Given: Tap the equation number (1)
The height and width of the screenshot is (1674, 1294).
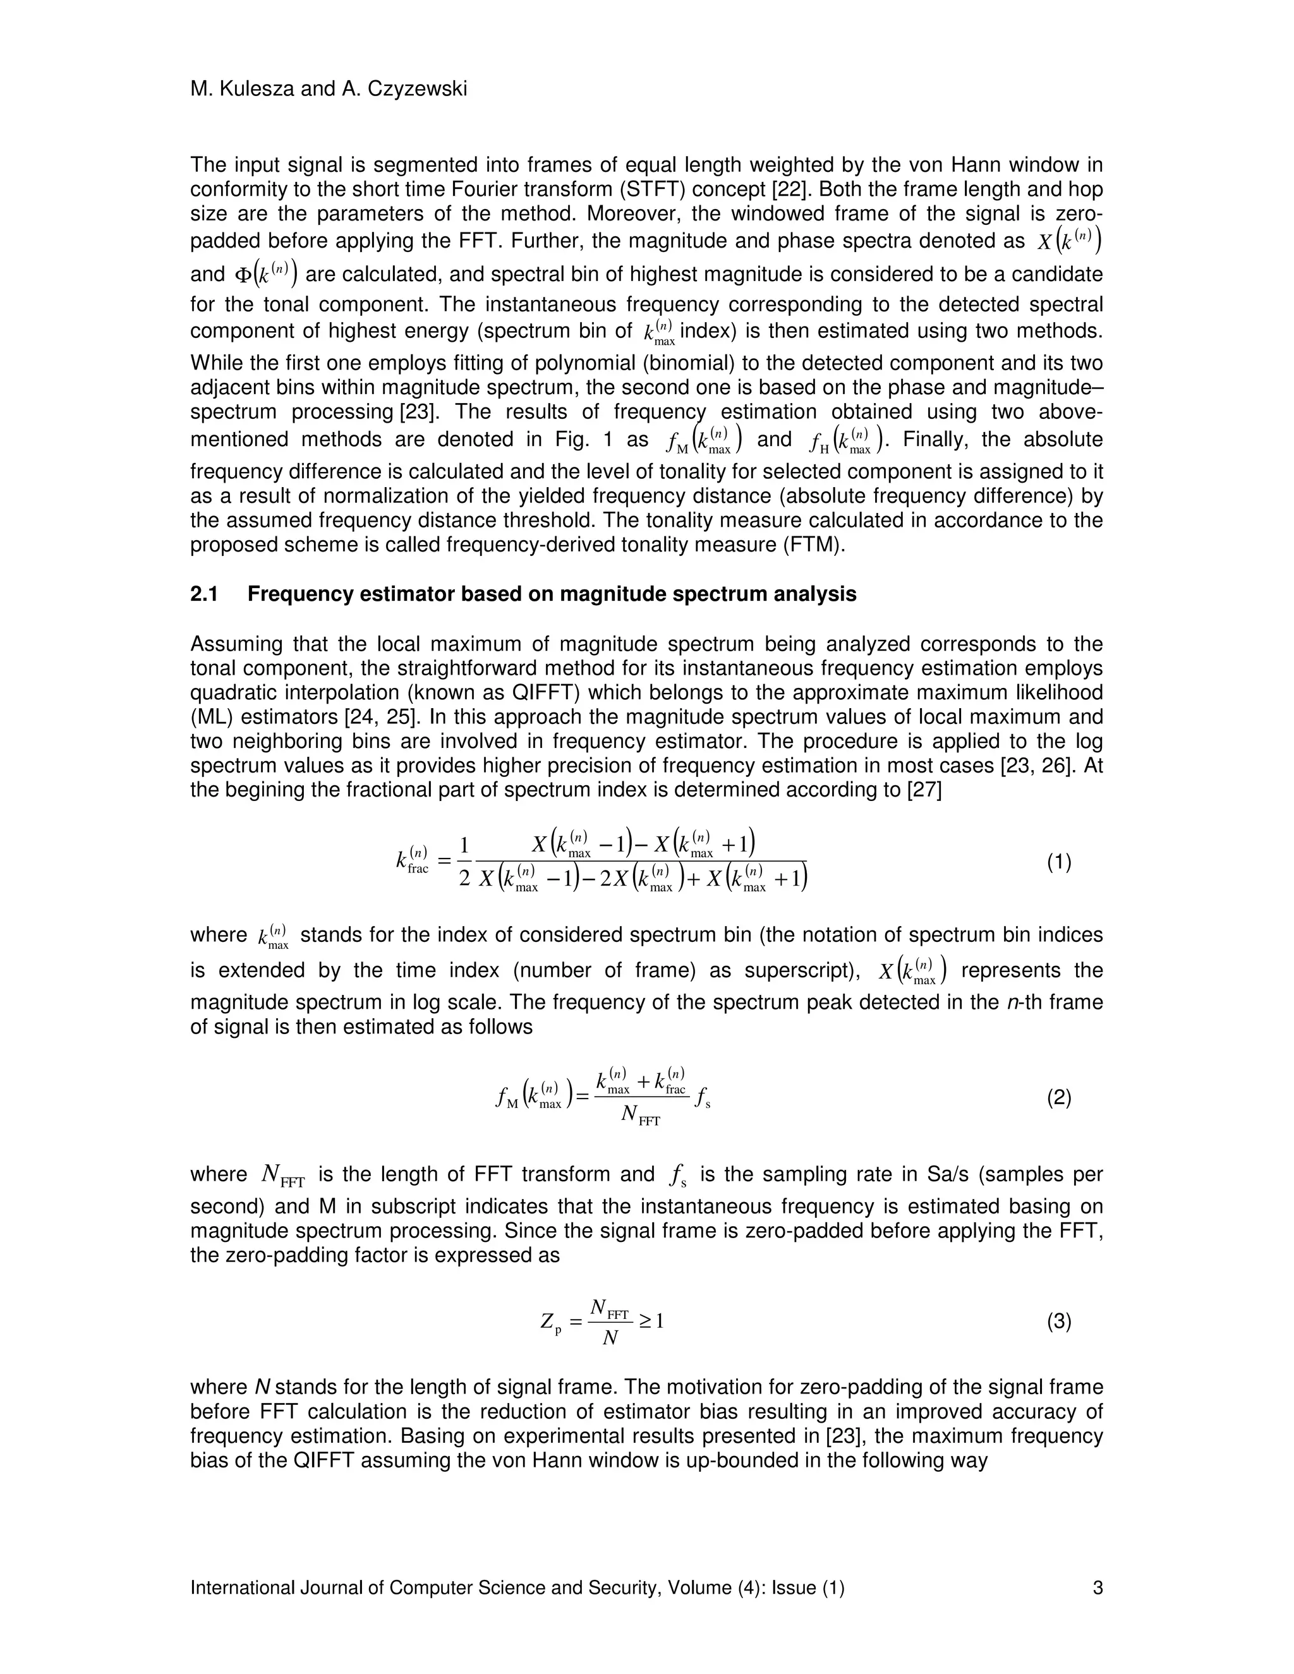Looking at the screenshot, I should [x=1059, y=863].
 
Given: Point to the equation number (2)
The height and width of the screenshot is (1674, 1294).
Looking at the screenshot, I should [x=1059, y=1099].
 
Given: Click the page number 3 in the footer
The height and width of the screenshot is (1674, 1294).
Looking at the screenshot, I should [x=1097, y=1587].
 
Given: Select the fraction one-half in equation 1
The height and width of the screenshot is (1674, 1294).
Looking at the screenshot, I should [x=463, y=862].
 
